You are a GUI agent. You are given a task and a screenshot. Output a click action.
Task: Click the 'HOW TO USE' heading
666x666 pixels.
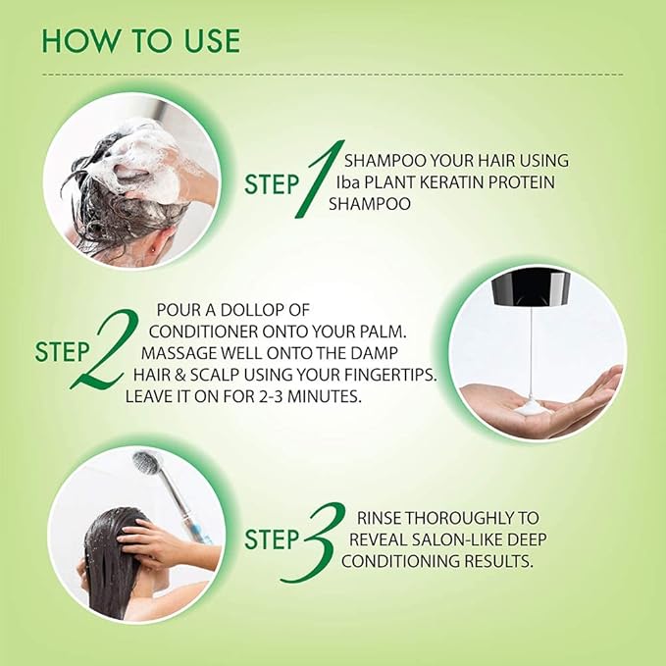pos(141,41)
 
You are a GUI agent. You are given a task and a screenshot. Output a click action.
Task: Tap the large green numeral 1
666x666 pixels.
pos(320,179)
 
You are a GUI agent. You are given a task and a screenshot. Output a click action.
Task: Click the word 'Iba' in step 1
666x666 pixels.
pos(348,182)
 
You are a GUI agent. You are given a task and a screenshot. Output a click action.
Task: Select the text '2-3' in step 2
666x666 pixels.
pos(271,396)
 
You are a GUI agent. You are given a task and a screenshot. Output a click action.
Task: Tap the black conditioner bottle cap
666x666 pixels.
pos(531,288)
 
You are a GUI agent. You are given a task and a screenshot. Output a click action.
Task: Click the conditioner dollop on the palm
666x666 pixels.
pos(531,409)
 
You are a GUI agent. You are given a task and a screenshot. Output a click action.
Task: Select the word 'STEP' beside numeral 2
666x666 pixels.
pos(62,352)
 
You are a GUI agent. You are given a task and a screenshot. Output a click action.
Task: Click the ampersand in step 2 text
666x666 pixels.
pos(179,375)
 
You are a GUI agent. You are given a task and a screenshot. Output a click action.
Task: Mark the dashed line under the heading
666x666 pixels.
pos(333,75)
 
